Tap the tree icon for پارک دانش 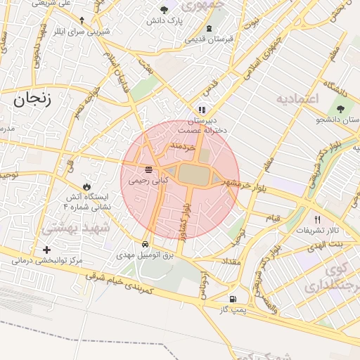click(x=164, y=10)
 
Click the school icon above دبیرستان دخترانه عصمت click(x=202, y=110)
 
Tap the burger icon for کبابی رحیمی click(x=148, y=169)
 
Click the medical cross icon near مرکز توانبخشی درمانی click(x=47, y=250)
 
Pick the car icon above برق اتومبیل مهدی click(x=146, y=245)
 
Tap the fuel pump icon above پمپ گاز click(x=224, y=298)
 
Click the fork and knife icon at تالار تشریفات click(x=317, y=219)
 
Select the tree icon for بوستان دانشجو click(x=341, y=109)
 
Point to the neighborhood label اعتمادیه click(x=297, y=98)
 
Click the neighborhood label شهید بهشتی click(x=76, y=229)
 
